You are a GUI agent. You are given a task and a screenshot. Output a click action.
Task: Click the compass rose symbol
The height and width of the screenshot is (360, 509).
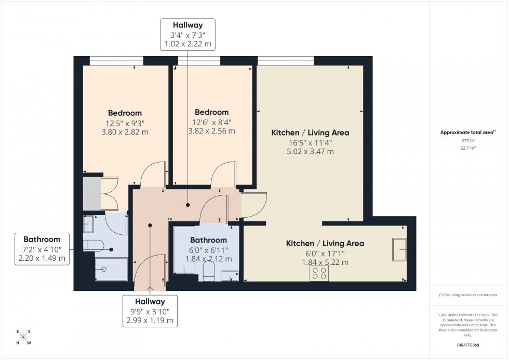(23, 337)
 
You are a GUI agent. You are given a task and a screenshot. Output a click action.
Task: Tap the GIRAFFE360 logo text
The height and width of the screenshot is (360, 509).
(468, 344)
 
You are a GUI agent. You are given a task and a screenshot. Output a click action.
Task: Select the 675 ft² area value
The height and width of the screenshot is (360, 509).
(468, 140)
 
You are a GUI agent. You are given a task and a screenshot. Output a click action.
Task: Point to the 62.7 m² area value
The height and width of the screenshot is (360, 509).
(468, 148)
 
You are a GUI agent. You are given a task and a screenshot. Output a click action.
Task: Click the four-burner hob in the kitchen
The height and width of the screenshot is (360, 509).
(318, 273)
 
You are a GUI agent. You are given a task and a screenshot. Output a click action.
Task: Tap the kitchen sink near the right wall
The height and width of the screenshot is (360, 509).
(400, 250)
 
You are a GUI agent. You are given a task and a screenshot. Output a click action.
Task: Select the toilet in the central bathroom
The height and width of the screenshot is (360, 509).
(209, 271)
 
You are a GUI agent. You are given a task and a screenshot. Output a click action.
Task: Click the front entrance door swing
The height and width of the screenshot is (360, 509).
(149, 270)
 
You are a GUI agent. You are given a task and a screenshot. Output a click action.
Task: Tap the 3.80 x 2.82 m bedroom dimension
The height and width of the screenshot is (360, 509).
(125, 132)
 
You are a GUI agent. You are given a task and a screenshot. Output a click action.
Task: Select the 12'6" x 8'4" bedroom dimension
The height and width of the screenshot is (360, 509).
(211, 122)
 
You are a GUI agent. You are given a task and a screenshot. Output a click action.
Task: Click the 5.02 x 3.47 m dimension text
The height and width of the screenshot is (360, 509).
(310, 152)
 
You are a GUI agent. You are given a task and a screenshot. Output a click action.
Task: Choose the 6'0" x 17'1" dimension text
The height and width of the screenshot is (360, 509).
(325, 253)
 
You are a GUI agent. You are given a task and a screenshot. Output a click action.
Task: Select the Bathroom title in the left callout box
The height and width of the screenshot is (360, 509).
(42, 239)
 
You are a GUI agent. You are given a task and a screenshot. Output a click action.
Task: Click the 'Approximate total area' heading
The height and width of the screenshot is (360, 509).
(467, 132)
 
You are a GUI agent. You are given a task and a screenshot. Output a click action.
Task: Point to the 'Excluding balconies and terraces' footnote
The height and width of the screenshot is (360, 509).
(468, 295)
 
